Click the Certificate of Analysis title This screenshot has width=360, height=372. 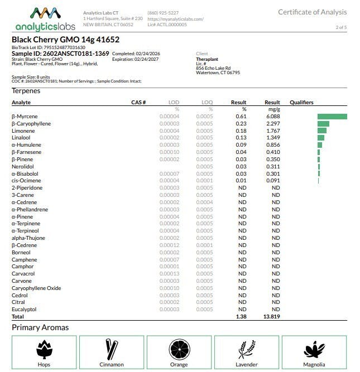pos(312,12)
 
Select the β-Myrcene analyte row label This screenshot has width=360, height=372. pos(24,117)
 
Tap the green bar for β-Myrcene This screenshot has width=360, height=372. pos(332,117)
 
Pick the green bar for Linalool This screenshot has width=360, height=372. pos(321,137)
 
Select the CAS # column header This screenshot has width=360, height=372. pos(138,103)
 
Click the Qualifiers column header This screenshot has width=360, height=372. pos(301,103)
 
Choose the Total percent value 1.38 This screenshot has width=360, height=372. pos(241,316)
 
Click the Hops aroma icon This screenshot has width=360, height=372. pos(44,349)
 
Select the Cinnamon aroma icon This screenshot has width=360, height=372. pos(112,349)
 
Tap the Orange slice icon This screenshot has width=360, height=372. pos(179,349)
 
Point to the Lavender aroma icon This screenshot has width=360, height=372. pos(247,349)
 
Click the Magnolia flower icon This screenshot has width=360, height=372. pos(314,349)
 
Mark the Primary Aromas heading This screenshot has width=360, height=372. pos(40,327)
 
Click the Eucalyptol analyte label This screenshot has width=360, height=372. pos(24,309)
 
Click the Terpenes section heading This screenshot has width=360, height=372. pos(26,90)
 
